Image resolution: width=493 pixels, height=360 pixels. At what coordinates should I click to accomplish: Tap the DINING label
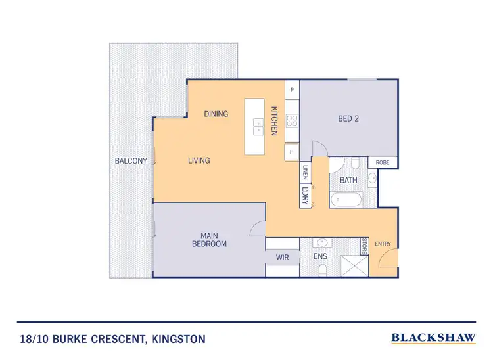point(216,114)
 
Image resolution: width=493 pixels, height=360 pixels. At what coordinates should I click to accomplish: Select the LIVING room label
point(199,160)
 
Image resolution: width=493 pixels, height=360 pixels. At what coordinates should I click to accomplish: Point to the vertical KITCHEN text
point(274,121)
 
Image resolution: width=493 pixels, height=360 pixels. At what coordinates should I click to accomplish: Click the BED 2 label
point(348,119)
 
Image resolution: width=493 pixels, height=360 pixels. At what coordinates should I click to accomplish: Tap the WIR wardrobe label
point(282,258)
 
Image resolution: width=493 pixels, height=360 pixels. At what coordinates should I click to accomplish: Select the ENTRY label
point(383,244)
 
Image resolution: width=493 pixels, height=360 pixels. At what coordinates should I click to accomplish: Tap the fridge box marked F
point(292,152)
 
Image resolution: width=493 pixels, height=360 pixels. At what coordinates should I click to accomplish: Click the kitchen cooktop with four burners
point(292,121)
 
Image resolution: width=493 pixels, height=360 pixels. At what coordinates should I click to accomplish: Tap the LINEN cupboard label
point(305,172)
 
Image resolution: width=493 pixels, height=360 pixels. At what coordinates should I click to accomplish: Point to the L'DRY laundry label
point(305,196)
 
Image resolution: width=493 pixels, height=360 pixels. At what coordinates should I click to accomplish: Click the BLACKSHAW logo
point(433,338)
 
